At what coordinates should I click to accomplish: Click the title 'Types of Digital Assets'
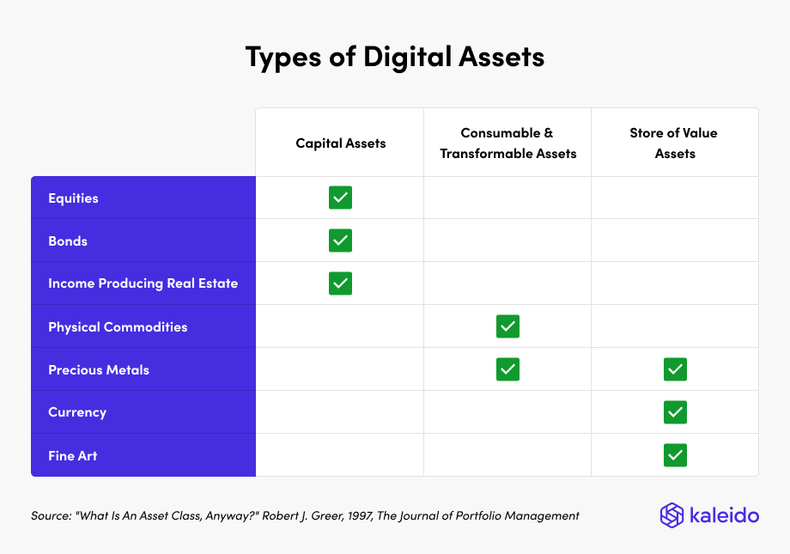395,57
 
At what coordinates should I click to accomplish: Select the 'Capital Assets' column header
341,143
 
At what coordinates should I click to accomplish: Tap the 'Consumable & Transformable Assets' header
507,143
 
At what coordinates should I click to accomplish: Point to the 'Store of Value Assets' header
675,143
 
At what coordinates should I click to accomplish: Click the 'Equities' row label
73,198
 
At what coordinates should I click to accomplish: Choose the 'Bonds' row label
68,241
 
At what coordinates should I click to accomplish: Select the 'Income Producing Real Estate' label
143,283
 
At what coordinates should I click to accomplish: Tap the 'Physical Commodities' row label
118,327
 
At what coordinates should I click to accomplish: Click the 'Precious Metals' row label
99,370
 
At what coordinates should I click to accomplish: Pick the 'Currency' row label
77,412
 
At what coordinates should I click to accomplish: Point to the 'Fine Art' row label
73,456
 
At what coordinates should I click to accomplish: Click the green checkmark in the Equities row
341,198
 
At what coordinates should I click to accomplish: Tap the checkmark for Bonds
341,240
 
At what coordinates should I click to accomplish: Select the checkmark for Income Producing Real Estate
341,283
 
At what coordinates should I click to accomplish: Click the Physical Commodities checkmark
507,326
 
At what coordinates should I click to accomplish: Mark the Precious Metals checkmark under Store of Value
675,369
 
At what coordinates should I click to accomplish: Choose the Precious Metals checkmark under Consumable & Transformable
507,369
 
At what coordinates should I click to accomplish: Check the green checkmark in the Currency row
675,412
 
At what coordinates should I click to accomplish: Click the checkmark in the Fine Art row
675,455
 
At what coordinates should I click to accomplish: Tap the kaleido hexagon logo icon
671,515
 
